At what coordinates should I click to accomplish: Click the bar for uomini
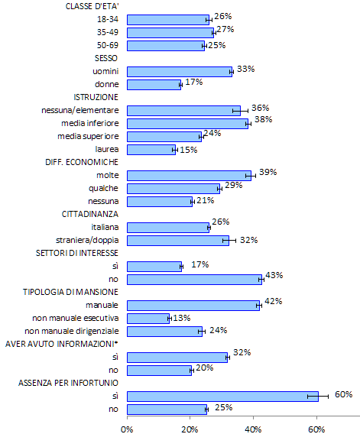(x=180, y=72)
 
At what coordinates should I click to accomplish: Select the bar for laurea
(x=151, y=150)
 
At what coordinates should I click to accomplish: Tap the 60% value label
(x=344, y=394)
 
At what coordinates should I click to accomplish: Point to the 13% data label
(x=182, y=318)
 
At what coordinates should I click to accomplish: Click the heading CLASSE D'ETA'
(x=92, y=6)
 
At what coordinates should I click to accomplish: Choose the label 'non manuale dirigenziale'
(x=72, y=331)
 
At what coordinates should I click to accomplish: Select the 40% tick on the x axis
(x=253, y=429)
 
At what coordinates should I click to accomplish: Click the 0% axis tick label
(x=127, y=429)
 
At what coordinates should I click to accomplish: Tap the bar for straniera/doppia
(x=178, y=241)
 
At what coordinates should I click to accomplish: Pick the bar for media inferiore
(x=187, y=124)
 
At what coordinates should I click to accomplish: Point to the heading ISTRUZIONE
(x=96, y=97)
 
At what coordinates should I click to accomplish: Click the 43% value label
(x=274, y=275)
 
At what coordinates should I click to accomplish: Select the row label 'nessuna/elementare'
(x=80, y=110)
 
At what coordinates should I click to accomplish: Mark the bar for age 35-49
(x=170, y=33)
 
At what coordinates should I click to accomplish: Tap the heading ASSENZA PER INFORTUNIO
(x=68, y=383)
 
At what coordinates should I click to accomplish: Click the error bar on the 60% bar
(x=318, y=397)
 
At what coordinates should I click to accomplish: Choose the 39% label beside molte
(x=268, y=172)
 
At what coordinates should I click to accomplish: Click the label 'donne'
(x=106, y=84)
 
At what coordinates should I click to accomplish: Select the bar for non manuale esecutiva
(x=148, y=319)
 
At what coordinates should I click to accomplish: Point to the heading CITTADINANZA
(x=90, y=214)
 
